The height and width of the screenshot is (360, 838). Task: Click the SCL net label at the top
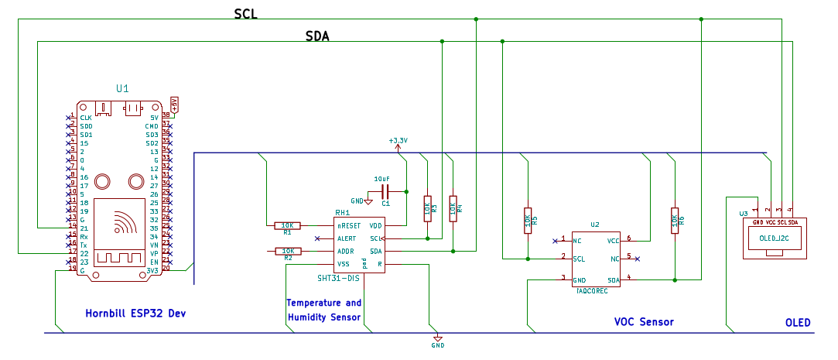point(245,15)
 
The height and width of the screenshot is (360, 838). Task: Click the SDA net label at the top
point(318,36)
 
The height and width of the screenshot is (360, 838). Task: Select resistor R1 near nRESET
point(287,225)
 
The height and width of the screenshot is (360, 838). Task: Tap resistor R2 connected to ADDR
point(287,251)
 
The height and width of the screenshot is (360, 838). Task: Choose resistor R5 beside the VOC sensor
point(528,220)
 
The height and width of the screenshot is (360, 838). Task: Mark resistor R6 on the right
point(675,220)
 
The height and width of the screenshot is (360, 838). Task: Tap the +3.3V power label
point(398,141)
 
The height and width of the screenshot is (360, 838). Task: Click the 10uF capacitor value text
point(381,179)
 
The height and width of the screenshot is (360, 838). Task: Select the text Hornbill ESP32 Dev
point(135,314)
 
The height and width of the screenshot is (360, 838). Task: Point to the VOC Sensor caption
point(644,322)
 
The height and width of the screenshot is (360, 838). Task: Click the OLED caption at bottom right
point(797,322)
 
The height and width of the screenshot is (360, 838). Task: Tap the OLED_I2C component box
point(774,238)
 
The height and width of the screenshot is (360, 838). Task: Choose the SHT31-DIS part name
point(339,278)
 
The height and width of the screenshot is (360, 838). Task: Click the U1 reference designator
point(122,89)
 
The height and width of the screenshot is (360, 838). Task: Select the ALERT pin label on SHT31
point(346,238)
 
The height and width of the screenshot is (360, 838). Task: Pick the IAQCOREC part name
point(592,291)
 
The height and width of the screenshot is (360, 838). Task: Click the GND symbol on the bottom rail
point(438,340)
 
